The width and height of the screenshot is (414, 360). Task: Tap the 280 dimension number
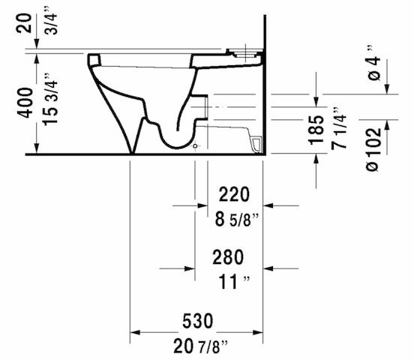click(228, 258)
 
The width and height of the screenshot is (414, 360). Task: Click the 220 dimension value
click(232, 195)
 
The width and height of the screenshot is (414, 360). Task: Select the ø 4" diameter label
click(376, 66)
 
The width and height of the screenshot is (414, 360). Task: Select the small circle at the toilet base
click(196, 148)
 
